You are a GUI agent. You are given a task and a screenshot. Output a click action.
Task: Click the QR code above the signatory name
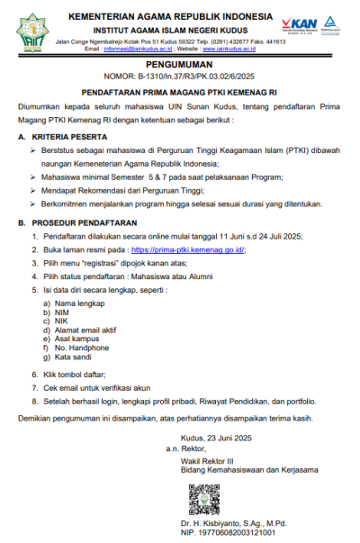click(203, 499)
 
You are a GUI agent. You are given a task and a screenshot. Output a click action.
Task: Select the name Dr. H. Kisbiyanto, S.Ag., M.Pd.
click(232, 523)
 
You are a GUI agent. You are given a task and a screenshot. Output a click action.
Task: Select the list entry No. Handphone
click(85, 347)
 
